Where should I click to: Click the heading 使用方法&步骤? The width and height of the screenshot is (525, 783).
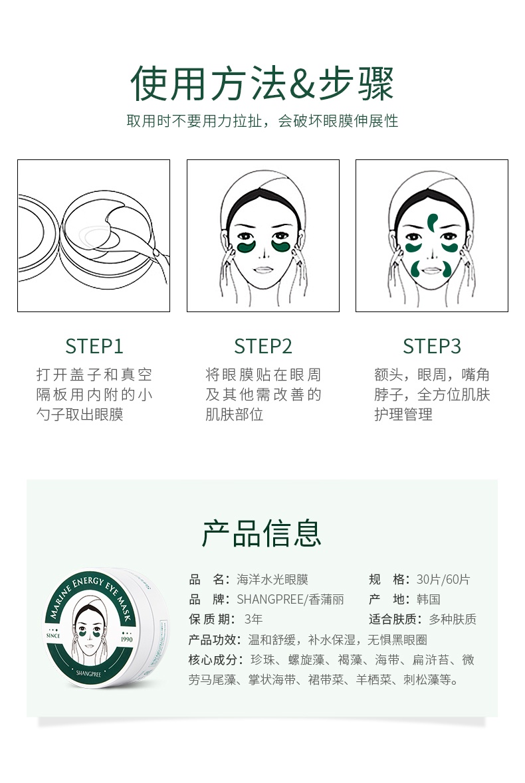click(262, 84)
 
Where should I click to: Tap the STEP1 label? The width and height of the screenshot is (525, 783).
click(94, 346)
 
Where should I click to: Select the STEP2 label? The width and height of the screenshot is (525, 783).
click(262, 346)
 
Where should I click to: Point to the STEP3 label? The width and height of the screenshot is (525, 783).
click(431, 346)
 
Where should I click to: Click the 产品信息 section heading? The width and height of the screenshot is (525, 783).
click(262, 533)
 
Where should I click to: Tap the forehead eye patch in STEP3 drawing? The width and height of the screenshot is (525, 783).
click(432, 221)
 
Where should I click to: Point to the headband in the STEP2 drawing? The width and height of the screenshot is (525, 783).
click(262, 199)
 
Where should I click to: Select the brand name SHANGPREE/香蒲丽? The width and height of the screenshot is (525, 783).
click(290, 600)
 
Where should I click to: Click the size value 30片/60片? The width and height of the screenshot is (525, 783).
click(443, 580)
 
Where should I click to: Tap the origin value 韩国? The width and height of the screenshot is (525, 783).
click(429, 600)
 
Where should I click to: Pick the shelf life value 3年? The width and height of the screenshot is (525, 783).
click(254, 620)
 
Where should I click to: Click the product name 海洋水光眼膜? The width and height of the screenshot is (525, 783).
click(272, 580)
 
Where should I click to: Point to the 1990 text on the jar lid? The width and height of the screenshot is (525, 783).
click(128, 642)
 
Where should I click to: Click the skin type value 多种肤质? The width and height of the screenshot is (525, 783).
click(453, 620)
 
